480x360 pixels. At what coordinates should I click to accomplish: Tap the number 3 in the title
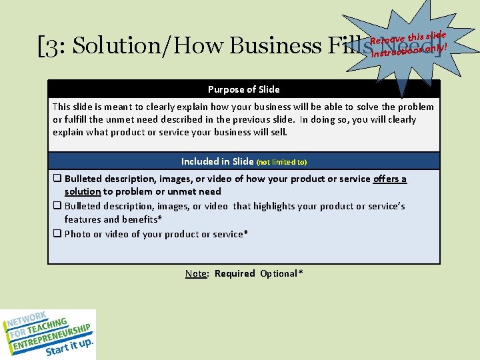(49, 46)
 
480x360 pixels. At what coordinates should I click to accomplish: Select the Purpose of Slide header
(243, 89)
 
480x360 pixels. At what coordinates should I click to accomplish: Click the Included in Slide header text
(217, 161)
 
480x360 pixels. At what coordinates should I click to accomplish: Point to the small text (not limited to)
(281, 162)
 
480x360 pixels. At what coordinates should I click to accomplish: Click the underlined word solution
(83, 191)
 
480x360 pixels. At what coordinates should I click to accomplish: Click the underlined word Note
(196, 273)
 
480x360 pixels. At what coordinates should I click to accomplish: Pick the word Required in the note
(235, 273)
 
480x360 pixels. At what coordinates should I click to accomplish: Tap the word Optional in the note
(281, 273)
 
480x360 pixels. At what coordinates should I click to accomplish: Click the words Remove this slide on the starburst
(408, 40)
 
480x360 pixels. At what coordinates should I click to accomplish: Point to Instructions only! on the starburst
(408, 49)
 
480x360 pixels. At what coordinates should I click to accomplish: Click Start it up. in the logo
(69, 347)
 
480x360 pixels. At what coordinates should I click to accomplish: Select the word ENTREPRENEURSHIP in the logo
(49, 334)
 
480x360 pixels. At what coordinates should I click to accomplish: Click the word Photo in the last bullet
(78, 234)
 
